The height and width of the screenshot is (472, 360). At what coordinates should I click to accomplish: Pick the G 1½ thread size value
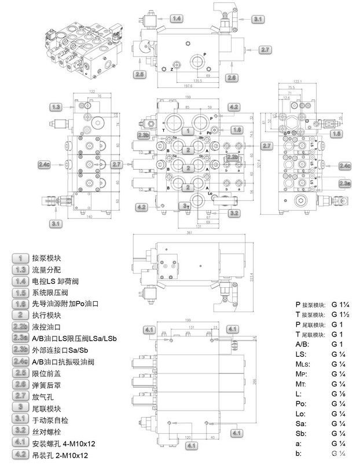tap(341, 314)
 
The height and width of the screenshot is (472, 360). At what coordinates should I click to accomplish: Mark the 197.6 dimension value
tap(186, 85)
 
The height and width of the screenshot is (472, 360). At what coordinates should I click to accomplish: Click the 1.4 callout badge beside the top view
tap(177, 19)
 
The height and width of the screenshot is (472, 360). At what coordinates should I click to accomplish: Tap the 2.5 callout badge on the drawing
tap(139, 74)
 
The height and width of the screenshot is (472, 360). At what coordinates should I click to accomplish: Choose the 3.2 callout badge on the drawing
tap(234, 213)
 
